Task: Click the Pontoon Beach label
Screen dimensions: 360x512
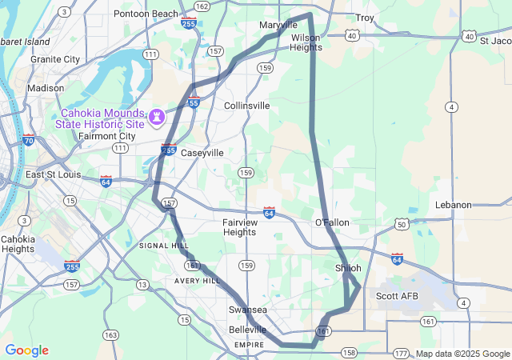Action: pyautogui.click(x=146, y=14)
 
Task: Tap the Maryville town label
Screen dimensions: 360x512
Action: pyautogui.click(x=278, y=26)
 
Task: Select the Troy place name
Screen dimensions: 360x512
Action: pyautogui.click(x=365, y=18)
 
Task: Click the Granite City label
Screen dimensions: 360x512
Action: pyautogui.click(x=55, y=59)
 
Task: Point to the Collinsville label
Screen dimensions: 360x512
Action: pyautogui.click(x=247, y=106)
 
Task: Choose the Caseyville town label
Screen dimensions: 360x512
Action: pyautogui.click(x=202, y=152)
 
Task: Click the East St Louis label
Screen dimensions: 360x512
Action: pyautogui.click(x=55, y=175)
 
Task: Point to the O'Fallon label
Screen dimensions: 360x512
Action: pyautogui.click(x=332, y=222)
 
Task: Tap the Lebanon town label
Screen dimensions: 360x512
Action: pyautogui.click(x=454, y=205)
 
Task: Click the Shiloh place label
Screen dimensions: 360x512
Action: pyautogui.click(x=348, y=268)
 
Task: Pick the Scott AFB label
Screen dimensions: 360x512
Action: pyautogui.click(x=397, y=296)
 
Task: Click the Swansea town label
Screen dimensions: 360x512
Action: pyautogui.click(x=248, y=310)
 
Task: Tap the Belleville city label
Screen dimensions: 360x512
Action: pyautogui.click(x=248, y=330)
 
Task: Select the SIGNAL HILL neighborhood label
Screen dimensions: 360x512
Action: pyautogui.click(x=164, y=246)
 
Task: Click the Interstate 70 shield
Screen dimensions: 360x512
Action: pyautogui.click(x=29, y=140)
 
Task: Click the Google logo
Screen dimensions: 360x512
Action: pyautogui.click(x=26, y=350)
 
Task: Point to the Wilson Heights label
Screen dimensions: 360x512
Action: pyautogui.click(x=306, y=42)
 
